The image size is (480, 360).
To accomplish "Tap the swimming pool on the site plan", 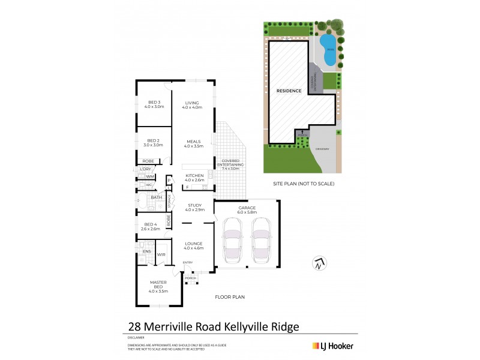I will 328,49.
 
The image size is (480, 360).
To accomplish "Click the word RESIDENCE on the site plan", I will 289,91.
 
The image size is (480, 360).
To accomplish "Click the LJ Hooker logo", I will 332,346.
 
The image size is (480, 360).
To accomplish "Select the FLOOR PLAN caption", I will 230,296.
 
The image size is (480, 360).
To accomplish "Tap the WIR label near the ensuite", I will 161,254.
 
